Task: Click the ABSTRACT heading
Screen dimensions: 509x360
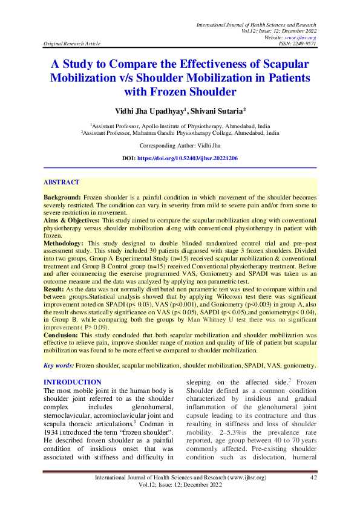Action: click(x=61, y=182)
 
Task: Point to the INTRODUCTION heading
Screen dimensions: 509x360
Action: click(x=73, y=383)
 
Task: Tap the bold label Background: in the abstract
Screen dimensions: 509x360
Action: click(x=62, y=198)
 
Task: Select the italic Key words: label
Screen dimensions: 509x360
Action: click(x=59, y=366)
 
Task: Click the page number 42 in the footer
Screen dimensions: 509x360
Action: click(x=313, y=478)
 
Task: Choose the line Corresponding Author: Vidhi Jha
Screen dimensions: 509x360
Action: click(x=179, y=146)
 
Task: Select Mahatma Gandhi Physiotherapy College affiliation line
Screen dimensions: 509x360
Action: click(x=180, y=131)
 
